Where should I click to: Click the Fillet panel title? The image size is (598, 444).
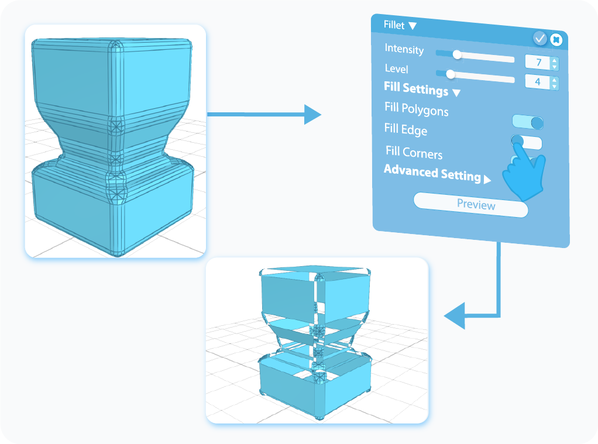point(394,25)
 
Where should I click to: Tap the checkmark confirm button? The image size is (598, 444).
point(539,39)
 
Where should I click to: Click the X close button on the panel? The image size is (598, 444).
point(556,40)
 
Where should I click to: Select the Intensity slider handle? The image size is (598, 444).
point(457,54)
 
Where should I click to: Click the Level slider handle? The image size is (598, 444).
point(450,74)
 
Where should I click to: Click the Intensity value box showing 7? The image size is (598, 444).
point(537,63)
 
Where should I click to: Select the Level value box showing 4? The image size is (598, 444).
point(537,82)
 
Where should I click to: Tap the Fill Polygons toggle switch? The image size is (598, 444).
point(528,122)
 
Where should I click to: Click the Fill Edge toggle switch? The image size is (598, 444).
point(527,142)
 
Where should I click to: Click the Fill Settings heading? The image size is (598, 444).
point(416,89)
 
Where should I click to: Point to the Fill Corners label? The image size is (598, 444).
point(414,153)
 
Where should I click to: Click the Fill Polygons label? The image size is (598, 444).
point(416,109)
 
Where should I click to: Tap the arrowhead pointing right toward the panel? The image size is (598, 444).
point(312,114)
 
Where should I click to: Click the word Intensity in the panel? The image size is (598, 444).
point(404,49)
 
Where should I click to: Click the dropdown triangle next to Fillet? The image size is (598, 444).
point(413,26)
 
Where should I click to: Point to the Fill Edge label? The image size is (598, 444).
point(405,129)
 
